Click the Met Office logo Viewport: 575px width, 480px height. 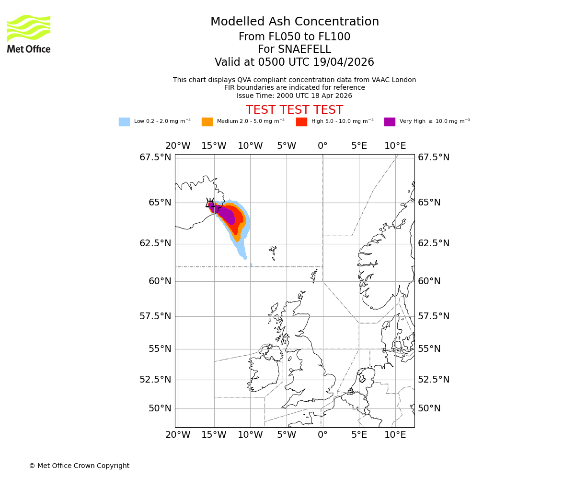point(29,34)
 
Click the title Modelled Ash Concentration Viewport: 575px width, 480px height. point(294,22)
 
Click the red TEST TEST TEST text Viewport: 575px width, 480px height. point(294,110)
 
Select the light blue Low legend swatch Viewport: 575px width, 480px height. point(124,122)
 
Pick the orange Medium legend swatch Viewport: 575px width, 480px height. point(207,122)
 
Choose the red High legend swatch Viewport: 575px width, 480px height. point(301,122)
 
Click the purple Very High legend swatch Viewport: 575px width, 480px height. point(390,122)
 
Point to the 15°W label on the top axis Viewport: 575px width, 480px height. point(214,146)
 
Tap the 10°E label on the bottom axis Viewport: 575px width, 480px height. point(395,435)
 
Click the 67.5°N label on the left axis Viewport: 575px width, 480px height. point(155,157)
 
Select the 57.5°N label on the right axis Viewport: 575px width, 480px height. point(434,316)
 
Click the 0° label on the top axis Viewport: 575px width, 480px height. point(322,146)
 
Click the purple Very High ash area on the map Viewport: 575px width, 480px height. point(225,214)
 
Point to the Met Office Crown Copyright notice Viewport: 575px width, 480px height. point(79,466)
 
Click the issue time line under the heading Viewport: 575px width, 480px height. point(294,96)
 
